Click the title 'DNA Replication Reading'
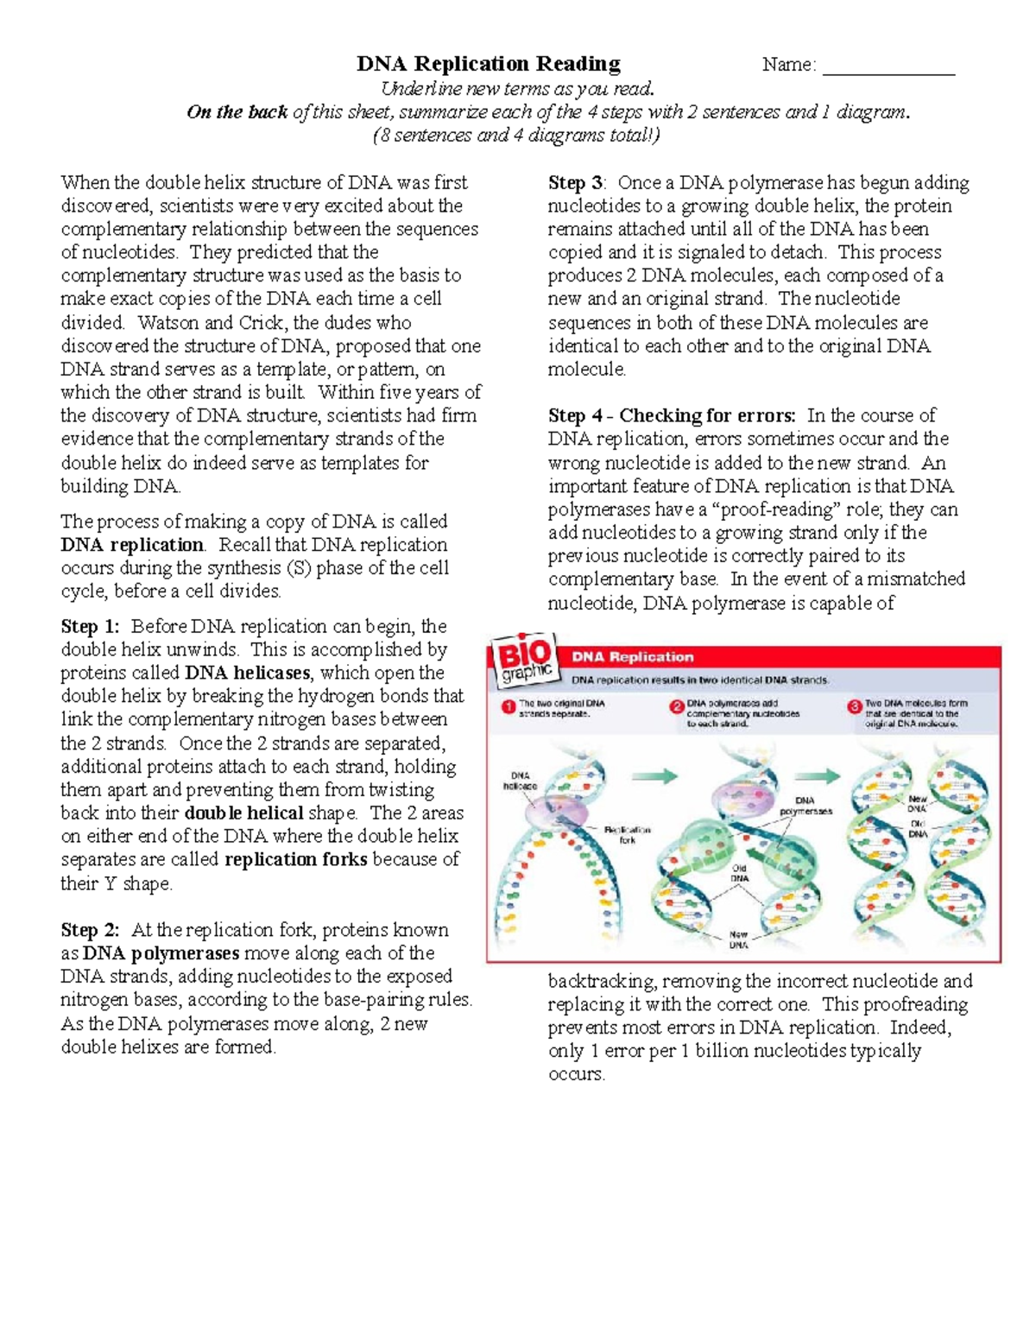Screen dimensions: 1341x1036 pyautogui.click(x=489, y=64)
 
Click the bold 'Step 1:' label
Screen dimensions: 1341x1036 pyautogui.click(x=90, y=626)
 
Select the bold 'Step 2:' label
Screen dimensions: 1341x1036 pyautogui.click(x=90, y=930)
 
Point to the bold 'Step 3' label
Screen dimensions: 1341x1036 pyautogui.click(x=576, y=183)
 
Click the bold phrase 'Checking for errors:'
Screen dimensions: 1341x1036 pyautogui.click(x=709, y=415)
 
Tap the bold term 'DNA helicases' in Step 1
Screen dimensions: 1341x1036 pyautogui.click(x=248, y=673)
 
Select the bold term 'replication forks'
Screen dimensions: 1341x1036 pyautogui.click(x=296, y=859)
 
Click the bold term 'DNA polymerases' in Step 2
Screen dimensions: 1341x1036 pyautogui.click(x=161, y=953)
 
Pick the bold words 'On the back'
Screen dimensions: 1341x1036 pyautogui.click(x=237, y=112)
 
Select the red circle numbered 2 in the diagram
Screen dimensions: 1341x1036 pyautogui.click(x=677, y=706)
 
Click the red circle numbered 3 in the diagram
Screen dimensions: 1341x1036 pyautogui.click(x=854, y=706)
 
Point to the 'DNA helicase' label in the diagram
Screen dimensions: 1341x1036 pyautogui.click(x=520, y=781)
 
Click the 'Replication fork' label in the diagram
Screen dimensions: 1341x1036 pyautogui.click(x=627, y=834)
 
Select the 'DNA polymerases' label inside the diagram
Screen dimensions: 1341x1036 pyautogui.click(x=805, y=806)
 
